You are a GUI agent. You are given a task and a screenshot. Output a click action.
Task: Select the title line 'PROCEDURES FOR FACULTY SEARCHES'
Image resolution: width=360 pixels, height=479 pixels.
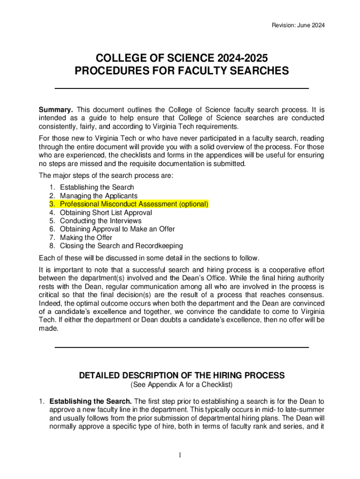(x=182, y=71)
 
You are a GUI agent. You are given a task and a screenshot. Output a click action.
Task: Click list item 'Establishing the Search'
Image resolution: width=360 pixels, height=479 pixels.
(x=97, y=187)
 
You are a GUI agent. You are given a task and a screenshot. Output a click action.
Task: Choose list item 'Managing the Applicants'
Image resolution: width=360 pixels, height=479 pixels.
(x=99, y=196)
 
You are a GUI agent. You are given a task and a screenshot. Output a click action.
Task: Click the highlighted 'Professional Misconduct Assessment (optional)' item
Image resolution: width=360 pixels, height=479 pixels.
(x=134, y=204)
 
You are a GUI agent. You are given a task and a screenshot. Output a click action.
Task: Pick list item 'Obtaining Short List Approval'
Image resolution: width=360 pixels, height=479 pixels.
(x=106, y=212)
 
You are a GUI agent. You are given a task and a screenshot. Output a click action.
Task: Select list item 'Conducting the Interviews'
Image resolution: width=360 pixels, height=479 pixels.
(x=101, y=221)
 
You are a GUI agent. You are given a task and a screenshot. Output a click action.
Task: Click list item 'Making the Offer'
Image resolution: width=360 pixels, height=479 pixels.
(x=86, y=238)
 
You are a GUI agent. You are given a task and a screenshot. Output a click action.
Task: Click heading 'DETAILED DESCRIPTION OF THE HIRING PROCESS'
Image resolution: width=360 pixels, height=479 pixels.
(x=182, y=376)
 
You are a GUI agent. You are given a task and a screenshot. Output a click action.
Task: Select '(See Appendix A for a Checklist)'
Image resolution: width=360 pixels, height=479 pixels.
(x=181, y=385)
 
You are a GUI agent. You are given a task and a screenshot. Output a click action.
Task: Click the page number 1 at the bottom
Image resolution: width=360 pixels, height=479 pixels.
(x=180, y=456)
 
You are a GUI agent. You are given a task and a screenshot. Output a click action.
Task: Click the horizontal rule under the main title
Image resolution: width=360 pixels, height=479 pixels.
(x=182, y=88)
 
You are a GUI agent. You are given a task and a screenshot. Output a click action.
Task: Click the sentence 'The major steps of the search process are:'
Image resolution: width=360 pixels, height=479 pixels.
(x=106, y=176)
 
